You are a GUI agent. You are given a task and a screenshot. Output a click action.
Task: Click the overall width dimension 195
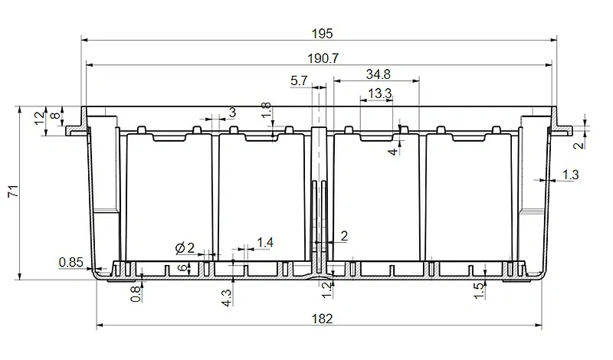323,33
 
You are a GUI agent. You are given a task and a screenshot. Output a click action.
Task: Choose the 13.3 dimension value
379,93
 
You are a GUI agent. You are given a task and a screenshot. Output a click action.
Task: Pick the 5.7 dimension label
300,80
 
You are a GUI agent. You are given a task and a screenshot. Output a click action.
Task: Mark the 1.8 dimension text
266,111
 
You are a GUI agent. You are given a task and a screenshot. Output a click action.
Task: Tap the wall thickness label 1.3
570,175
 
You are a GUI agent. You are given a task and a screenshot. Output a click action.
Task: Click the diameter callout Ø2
185,247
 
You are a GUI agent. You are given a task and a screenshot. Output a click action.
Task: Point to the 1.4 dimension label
264,243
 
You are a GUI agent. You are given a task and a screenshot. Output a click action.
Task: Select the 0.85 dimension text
71,263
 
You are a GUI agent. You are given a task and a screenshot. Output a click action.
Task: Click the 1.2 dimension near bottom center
325,290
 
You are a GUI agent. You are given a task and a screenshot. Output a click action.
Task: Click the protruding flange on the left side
74,126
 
